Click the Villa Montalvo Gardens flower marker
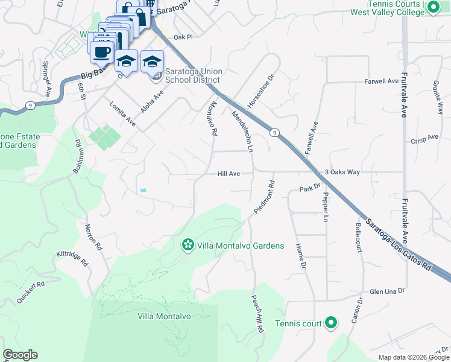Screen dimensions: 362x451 pyautogui.click(x=188, y=245)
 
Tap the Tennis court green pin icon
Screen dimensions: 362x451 pyautogui.click(x=330, y=323)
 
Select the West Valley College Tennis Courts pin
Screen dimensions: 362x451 pyautogui.click(x=432, y=8)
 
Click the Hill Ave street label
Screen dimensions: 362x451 pyautogui.click(x=229, y=174)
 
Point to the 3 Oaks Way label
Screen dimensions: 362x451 pyautogui.click(x=342, y=172)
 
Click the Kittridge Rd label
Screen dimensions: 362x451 pyautogui.click(x=72, y=259)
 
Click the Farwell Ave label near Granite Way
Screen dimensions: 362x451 pyautogui.click(x=381, y=81)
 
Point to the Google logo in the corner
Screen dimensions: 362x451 pyautogui.click(x=20, y=355)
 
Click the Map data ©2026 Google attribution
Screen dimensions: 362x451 pyautogui.click(x=414, y=357)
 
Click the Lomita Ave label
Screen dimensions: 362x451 pyautogui.click(x=122, y=113)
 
